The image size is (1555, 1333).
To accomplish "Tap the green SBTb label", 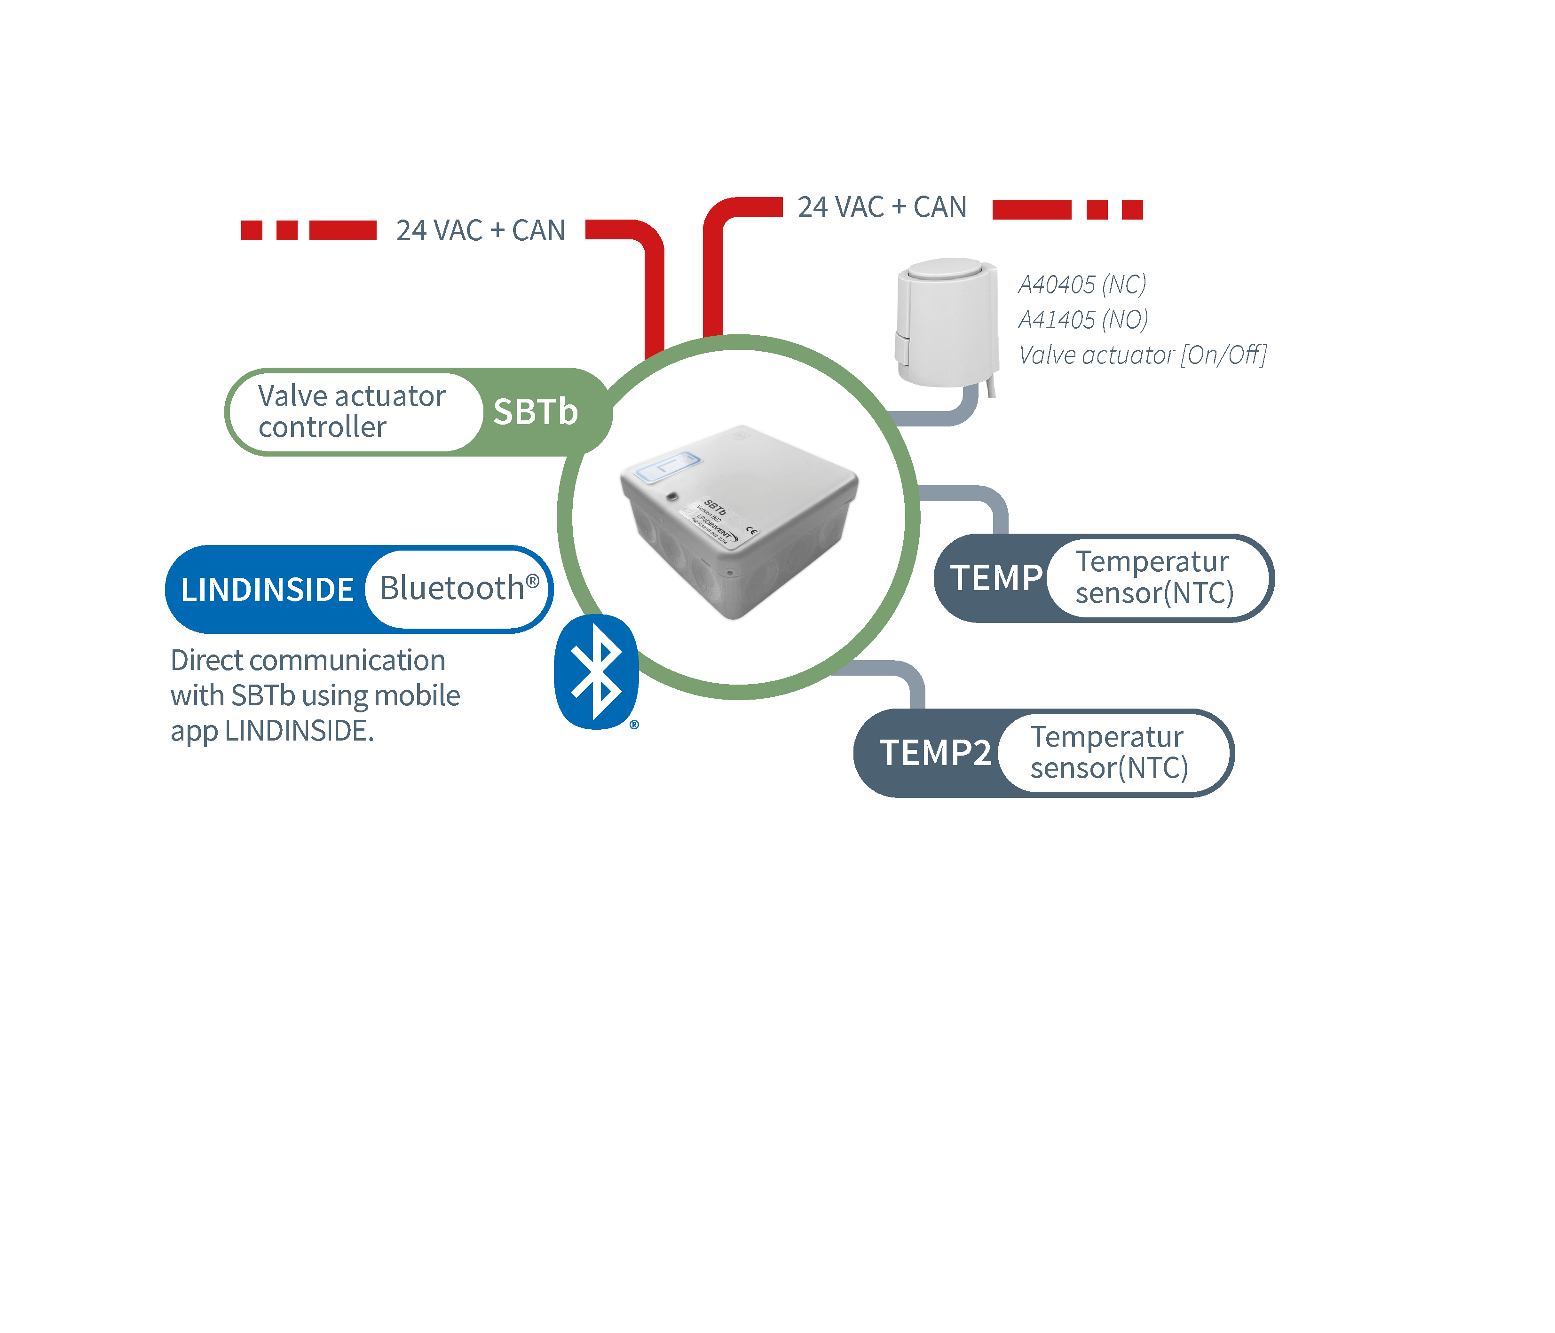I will [x=535, y=412].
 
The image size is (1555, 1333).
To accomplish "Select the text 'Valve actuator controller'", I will [x=351, y=411].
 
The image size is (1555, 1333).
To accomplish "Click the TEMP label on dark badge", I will [x=996, y=578].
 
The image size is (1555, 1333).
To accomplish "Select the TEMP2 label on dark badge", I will [x=935, y=753].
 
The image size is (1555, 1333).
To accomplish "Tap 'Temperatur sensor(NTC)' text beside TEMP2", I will [x=1108, y=752].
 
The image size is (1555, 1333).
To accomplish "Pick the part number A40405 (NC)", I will [x=1082, y=284].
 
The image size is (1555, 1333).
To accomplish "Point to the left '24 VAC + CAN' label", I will [x=480, y=230].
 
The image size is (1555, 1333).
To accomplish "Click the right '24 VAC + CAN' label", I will [x=882, y=207].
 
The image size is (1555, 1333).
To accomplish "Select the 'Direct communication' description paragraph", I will [x=315, y=695].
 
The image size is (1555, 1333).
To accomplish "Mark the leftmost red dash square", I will [x=252, y=230].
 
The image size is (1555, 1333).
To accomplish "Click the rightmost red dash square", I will [x=1132, y=209].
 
